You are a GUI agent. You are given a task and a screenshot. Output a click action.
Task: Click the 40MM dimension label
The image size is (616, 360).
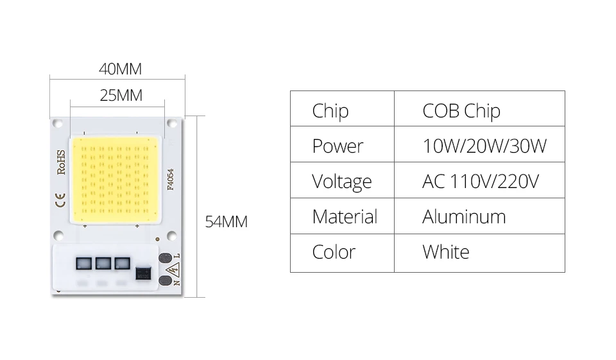pos(120,69)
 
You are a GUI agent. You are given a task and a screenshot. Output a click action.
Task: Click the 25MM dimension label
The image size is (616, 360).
pos(121,96)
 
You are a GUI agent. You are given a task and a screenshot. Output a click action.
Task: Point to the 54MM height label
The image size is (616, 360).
pos(226,222)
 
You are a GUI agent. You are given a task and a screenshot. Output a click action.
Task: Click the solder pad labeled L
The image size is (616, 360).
pos(165,258)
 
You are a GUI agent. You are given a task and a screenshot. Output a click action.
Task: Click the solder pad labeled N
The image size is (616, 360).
pos(165,280)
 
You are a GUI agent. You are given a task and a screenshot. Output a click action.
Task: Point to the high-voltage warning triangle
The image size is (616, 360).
pos(173,270)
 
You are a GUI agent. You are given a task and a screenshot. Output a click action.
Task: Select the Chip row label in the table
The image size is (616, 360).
pos(330,110)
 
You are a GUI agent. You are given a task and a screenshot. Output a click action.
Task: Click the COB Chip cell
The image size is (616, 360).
pos(461,110)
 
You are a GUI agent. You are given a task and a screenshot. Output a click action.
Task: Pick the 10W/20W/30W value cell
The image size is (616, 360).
pos(484,146)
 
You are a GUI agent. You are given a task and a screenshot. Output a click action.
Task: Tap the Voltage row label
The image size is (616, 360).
pos(341,182)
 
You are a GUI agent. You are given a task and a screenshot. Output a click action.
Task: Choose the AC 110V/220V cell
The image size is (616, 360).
pos(480,182)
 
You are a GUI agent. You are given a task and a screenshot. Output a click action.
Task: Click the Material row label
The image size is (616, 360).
pos(344,217)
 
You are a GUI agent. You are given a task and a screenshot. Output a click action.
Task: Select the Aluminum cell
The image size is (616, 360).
pos(463,217)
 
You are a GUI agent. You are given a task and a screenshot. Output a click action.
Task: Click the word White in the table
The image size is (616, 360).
pos(445,252)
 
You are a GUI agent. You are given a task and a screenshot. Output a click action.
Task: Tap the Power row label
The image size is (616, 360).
pos(338,146)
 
